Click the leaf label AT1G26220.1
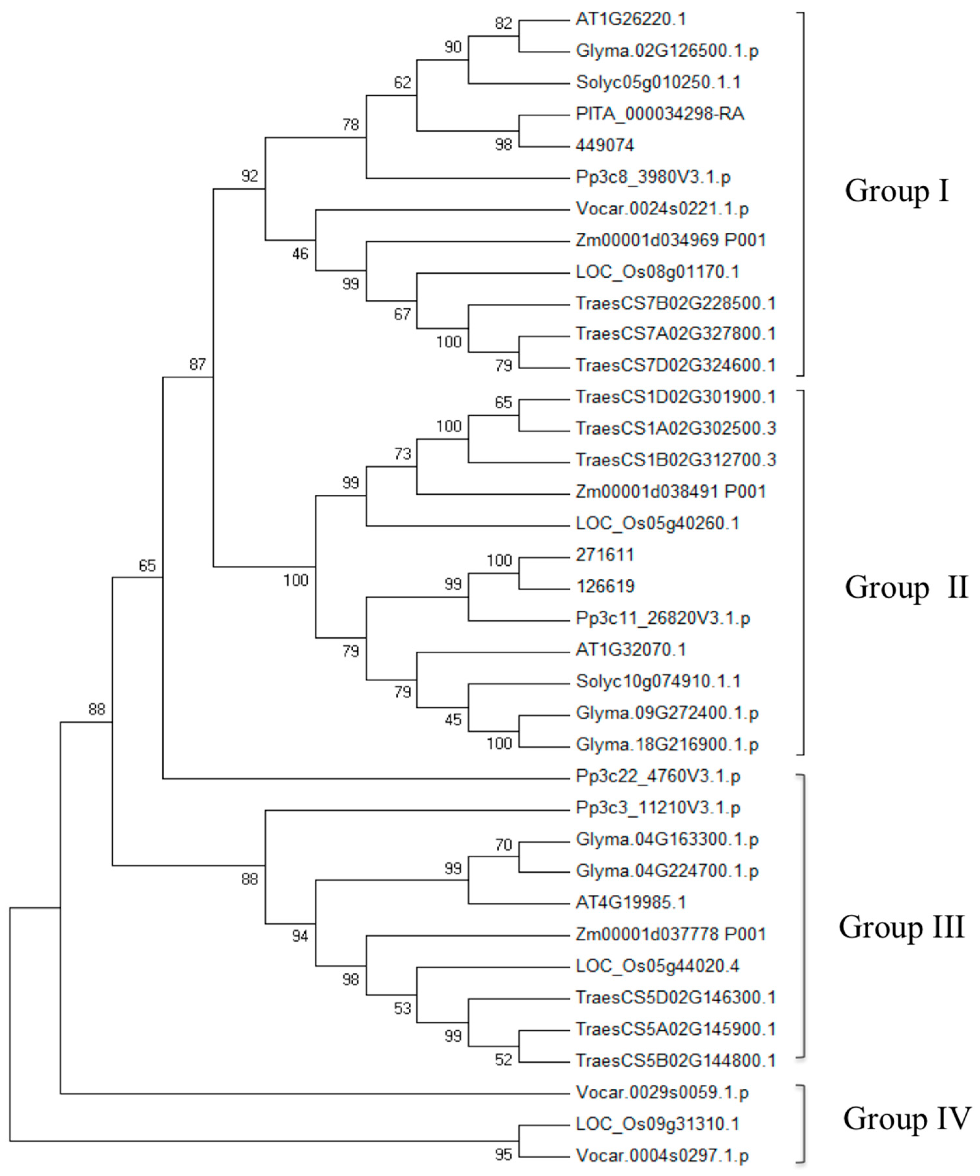pyautogui.click(x=631, y=20)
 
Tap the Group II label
pyautogui.click(x=906, y=588)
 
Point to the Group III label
pyautogui.click(x=901, y=927)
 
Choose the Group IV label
pyautogui.click(x=906, y=1118)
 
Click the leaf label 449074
pyautogui.click(x=605, y=146)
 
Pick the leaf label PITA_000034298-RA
pyautogui.click(x=660, y=114)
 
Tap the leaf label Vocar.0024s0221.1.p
pyautogui.click(x=662, y=209)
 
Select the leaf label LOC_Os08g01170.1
pyautogui.click(x=657, y=272)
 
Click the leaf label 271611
pyautogui.click(x=605, y=555)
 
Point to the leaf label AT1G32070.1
pyautogui.click(x=631, y=650)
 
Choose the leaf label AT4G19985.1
pyautogui.click(x=631, y=902)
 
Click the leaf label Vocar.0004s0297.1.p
pyautogui.click(x=662, y=1155)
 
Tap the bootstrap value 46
pyautogui.click(x=300, y=254)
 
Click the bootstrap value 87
pyautogui.click(x=198, y=365)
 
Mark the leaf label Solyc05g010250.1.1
pyautogui.click(x=658, y=82)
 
